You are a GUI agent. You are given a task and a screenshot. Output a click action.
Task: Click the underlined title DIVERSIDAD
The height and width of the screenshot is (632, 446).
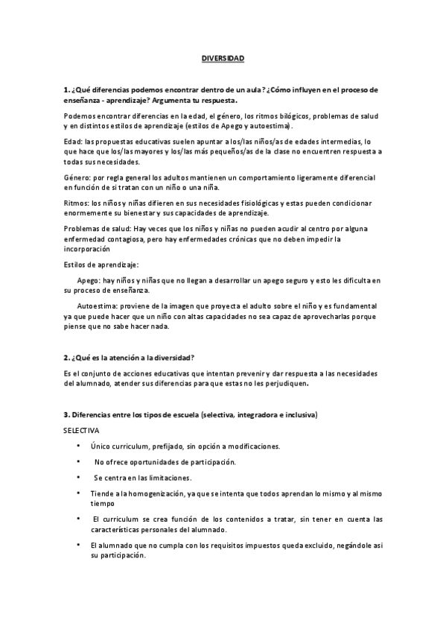(223, 57)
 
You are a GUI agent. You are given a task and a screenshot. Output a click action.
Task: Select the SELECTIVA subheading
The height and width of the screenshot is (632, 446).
(81, 431)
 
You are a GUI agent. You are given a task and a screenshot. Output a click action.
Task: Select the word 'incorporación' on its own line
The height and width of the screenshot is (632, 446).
(86, 250)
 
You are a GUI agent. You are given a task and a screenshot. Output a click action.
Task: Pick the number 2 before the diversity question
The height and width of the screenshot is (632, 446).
(66, 358)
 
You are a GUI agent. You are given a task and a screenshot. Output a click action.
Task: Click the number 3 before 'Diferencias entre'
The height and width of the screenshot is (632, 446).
(66, 414)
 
